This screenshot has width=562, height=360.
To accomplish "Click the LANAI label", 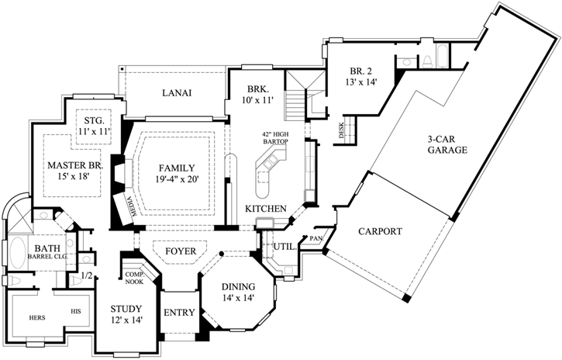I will (177, 93).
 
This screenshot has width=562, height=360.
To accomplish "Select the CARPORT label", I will (379, 231).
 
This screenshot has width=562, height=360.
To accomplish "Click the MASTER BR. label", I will (74, 165).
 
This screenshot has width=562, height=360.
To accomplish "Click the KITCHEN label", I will (267, 209).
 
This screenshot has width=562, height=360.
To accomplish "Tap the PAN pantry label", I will (316, 238).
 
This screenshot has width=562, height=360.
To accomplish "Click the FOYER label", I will (181, 252).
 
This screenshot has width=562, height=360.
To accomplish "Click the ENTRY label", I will (179, 313).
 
